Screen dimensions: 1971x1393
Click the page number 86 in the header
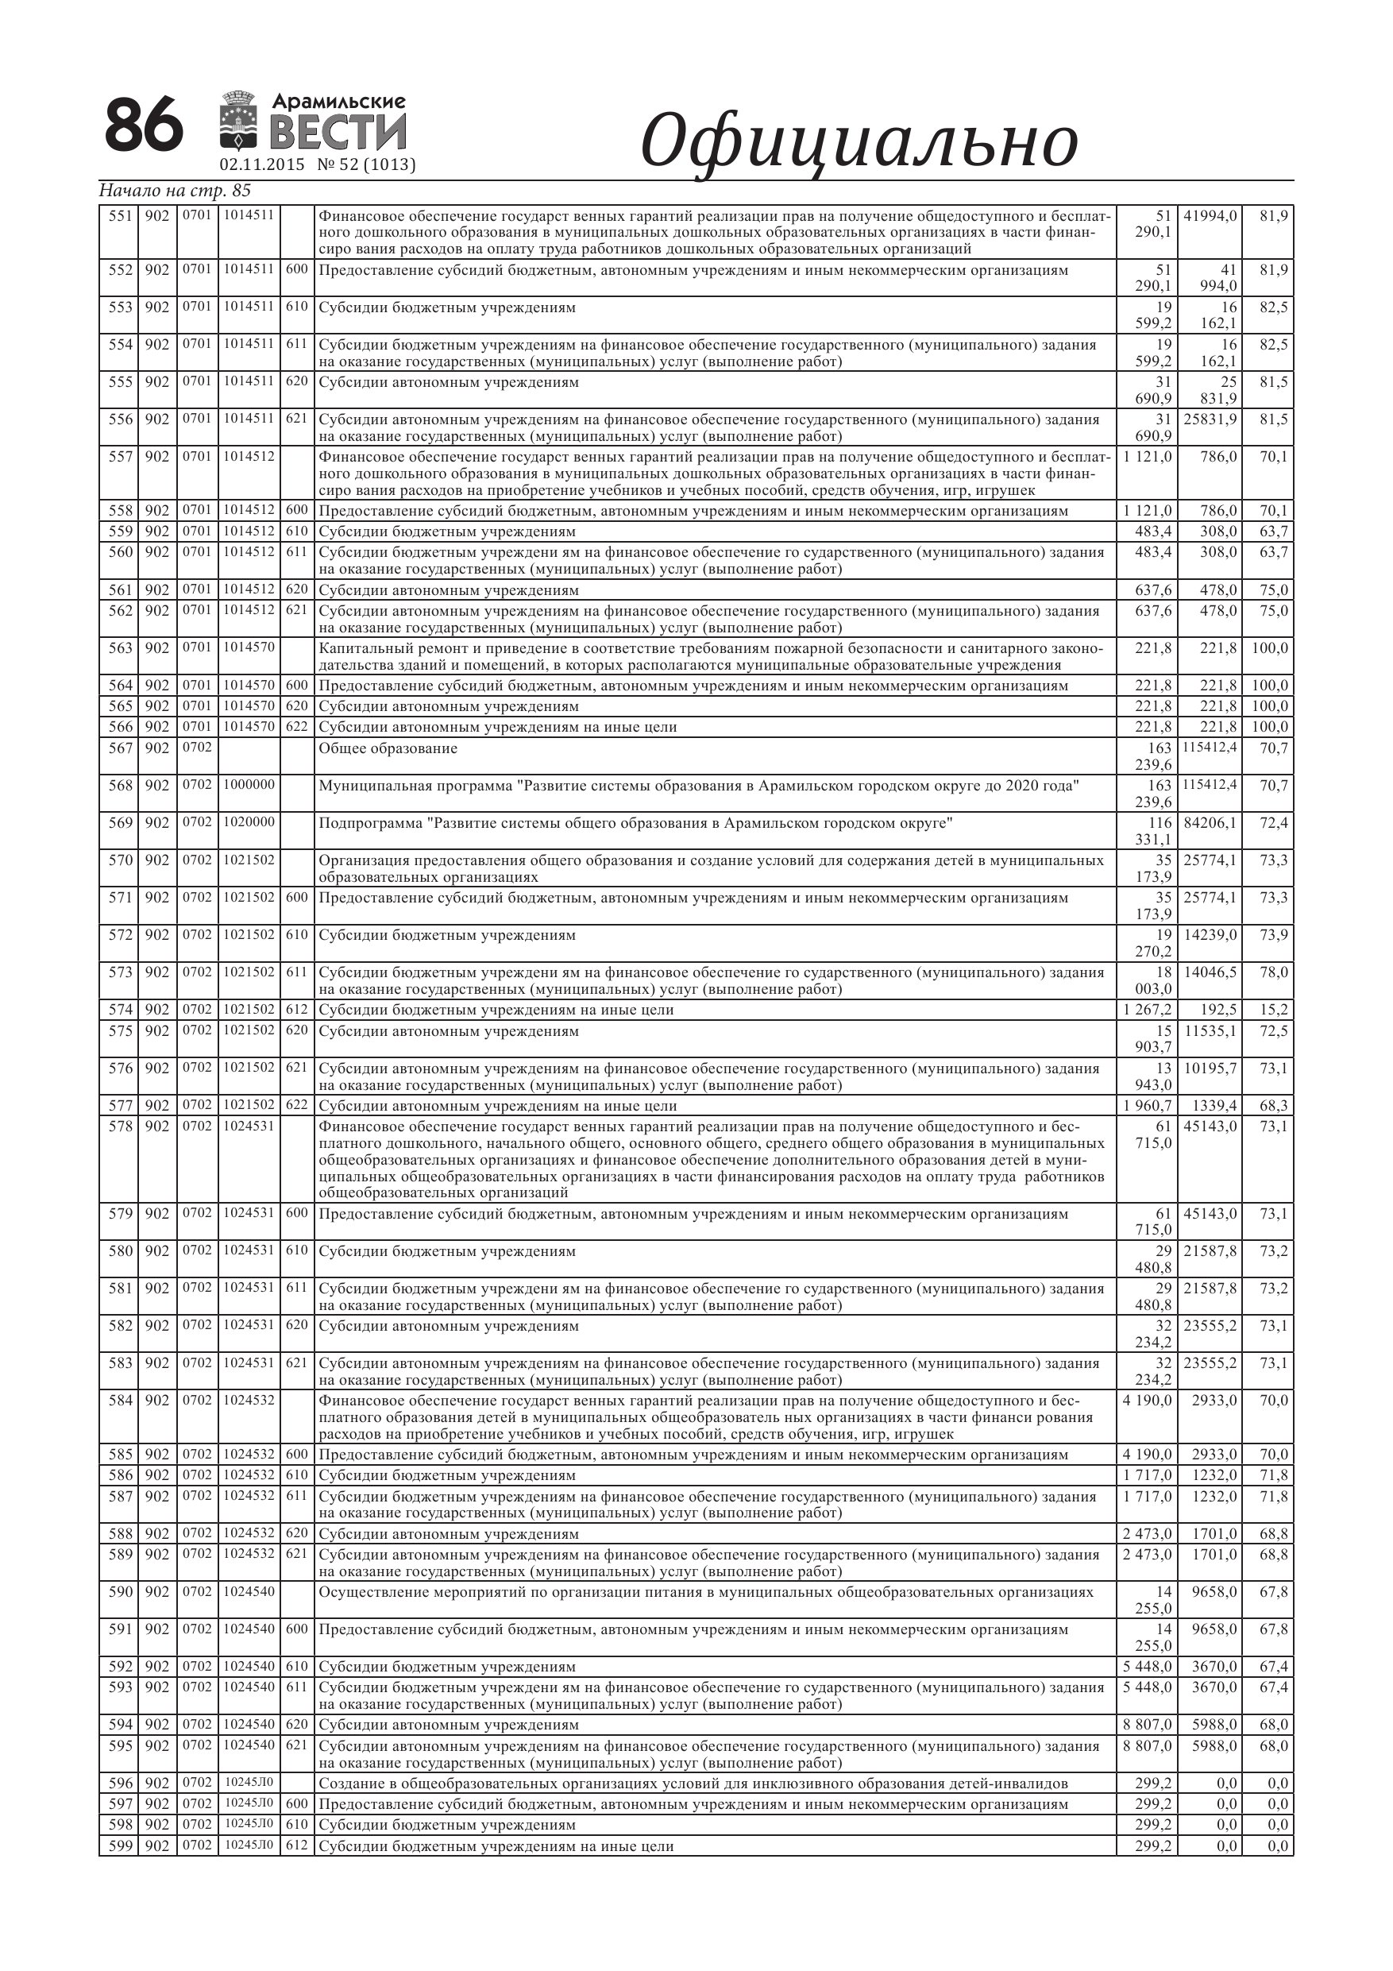tap(143, 126)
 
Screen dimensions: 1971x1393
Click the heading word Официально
tap(859, 141)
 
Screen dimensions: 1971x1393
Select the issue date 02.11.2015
tap(262, 164)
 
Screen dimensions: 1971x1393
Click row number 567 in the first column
tap(120, 748)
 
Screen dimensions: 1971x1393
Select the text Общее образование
tap(388, 748)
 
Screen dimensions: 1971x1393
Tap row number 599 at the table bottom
tap(120, 1846)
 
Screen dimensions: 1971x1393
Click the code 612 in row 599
tap(297, 1846)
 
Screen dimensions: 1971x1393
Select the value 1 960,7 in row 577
tap(1148, 1107)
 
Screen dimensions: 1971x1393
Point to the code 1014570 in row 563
tap(249, 647)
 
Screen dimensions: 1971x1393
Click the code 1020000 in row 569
tap(249, 822)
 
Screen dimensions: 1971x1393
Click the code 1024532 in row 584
tap(249, 1400)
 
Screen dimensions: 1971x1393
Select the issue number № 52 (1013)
tap(366, 164)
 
